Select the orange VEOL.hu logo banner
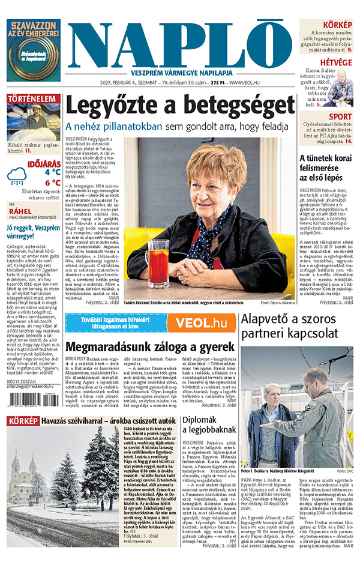(x=200, y=322)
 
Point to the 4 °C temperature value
(x=52, y=171)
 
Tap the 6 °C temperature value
(x=52, y=183)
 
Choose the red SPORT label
(x=341, y=116)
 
